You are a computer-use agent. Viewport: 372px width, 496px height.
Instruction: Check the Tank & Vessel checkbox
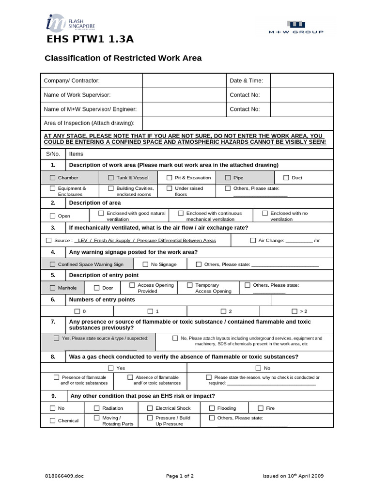(111, 178)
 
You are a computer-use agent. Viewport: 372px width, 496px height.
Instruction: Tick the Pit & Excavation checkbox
(169, 178)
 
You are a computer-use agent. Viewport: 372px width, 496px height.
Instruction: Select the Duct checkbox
(286, 178)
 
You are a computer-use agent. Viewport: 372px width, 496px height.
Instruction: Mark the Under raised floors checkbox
(169, 188)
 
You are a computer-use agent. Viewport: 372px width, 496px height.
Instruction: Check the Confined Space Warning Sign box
(52, 264)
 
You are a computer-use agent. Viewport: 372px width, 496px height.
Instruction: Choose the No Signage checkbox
(145, 264)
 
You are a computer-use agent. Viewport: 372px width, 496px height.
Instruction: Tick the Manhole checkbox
(52, 288)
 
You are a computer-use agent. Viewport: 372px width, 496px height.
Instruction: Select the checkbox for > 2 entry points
(294, 311)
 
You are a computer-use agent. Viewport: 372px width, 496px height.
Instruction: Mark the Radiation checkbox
(96, 408)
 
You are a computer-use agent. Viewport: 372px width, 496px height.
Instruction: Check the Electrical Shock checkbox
(150, 408)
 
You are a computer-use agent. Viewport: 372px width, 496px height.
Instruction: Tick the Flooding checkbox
(212, 408)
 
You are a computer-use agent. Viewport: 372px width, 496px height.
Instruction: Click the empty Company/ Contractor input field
(185, 80)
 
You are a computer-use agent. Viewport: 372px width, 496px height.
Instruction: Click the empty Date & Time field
(301, 80)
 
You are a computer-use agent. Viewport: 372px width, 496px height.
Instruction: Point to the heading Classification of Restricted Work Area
(123, 58)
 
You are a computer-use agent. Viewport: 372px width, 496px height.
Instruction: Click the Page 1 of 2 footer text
(180, 476)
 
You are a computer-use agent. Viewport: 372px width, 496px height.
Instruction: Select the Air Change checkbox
(253, 240)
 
